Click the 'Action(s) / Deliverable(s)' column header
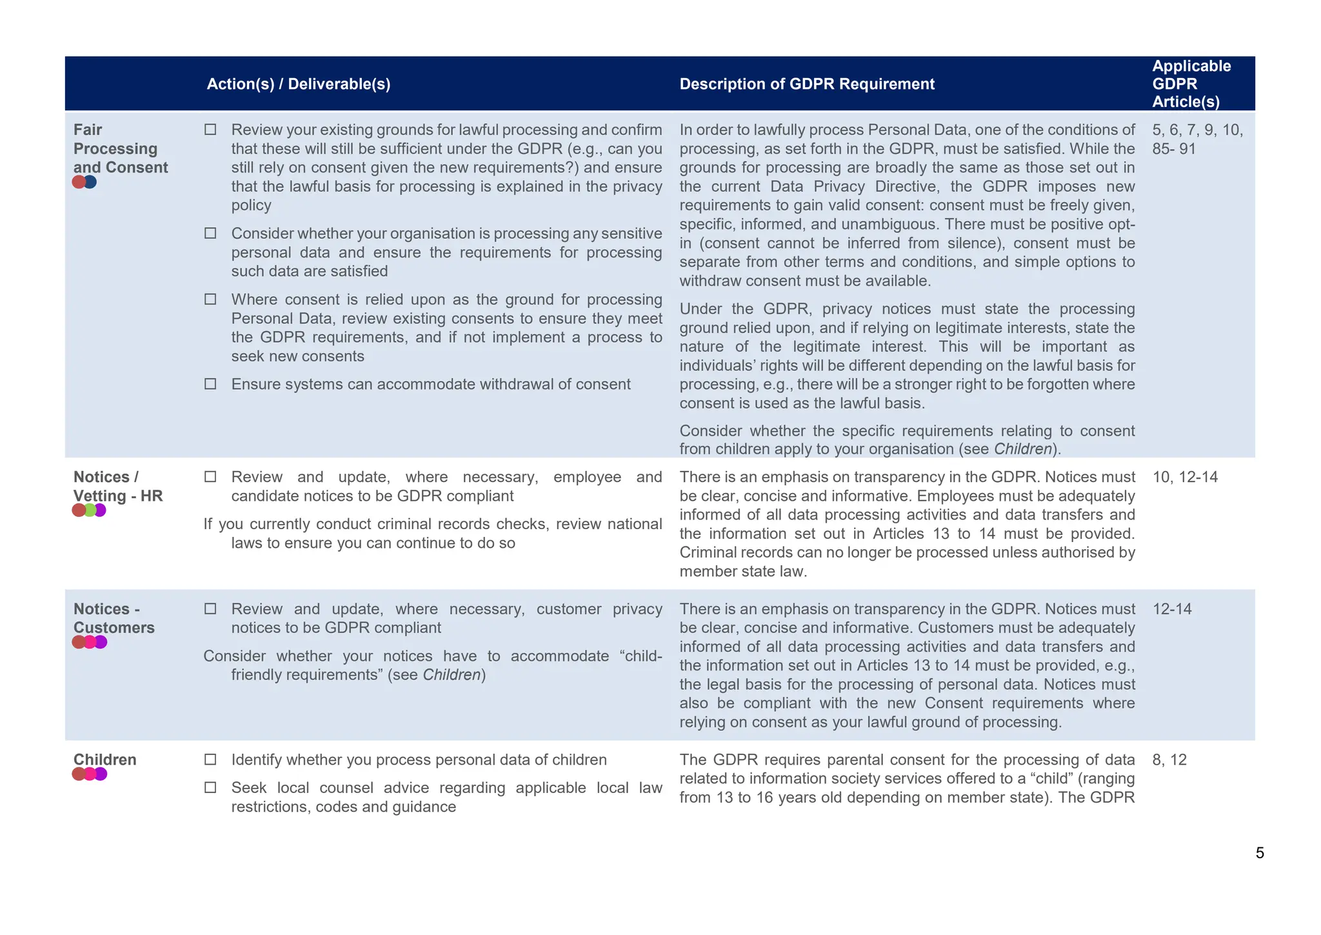pos(298,85)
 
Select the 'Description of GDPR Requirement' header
pos(806,85)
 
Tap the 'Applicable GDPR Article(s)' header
pos(1191,84)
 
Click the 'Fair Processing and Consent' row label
pos(120,149)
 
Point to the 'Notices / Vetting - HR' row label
pos(118,487)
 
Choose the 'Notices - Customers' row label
pos(114,618)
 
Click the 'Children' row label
pos(104,759)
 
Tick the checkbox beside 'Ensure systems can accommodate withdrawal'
pos(210,384)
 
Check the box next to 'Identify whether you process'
pos(210,759)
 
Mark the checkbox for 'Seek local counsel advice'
pos(210,787)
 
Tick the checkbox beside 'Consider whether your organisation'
pos(210,233)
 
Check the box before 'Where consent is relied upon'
pos(210,299)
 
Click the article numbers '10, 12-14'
pos(1184,478)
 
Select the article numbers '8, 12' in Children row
pos(1169,759)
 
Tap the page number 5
pos(1259,853)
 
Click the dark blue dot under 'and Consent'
pos(90,182)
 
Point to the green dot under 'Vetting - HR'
pos(90,510)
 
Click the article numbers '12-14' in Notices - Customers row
pos(1171,609)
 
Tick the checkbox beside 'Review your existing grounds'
pos(210,130)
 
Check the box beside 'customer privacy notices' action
pos(210,609)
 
